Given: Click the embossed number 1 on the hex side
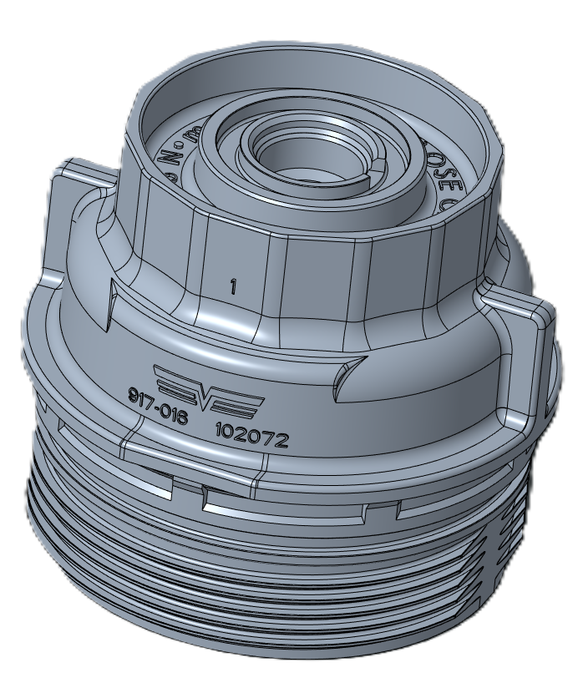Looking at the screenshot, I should coord(233,286).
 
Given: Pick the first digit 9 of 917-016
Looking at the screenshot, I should coord(133,394).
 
